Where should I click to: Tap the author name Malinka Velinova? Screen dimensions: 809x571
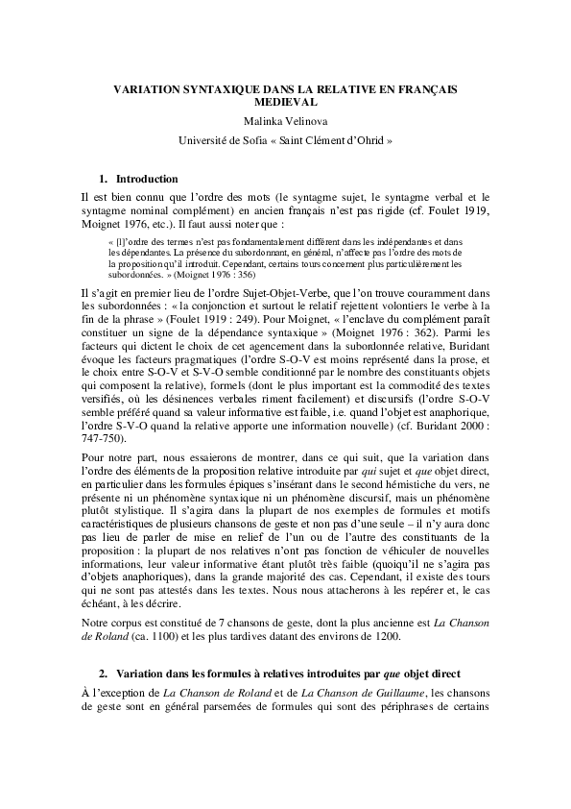click(x=285, y=120)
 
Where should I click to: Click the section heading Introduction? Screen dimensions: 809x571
click(x=146, y=179)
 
